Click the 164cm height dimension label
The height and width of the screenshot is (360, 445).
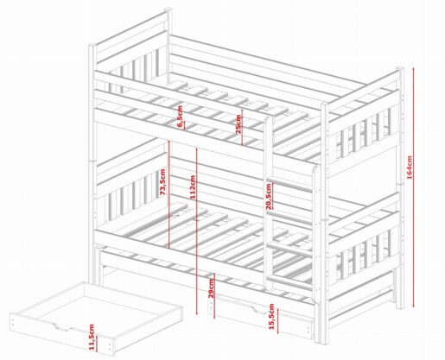[x=410, y=167]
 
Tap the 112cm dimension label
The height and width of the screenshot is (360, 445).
[x=193, y=187]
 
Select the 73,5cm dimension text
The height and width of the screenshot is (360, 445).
[x=162, y=182]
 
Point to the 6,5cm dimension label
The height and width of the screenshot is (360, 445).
[x=180, y=117]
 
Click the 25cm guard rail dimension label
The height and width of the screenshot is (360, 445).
[x=238, y=124]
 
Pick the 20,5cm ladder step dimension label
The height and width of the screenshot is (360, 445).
[x=269, y=196]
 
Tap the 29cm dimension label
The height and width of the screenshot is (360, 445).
[x=211, y=288]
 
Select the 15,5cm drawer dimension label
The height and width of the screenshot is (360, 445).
[x=271, y=316]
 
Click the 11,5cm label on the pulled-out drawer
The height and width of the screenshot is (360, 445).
[x=92, y=337]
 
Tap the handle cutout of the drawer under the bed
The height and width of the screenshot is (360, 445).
[x=258, y=310]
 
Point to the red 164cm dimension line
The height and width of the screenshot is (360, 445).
[x=414, y=187]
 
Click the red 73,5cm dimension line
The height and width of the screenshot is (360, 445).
[x=168, y=194]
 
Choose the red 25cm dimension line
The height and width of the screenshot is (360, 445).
[x=242, y=127]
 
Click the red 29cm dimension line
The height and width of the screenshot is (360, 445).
[x=214, y=296]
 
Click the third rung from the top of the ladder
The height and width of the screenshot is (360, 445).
[x=289, y=249]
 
